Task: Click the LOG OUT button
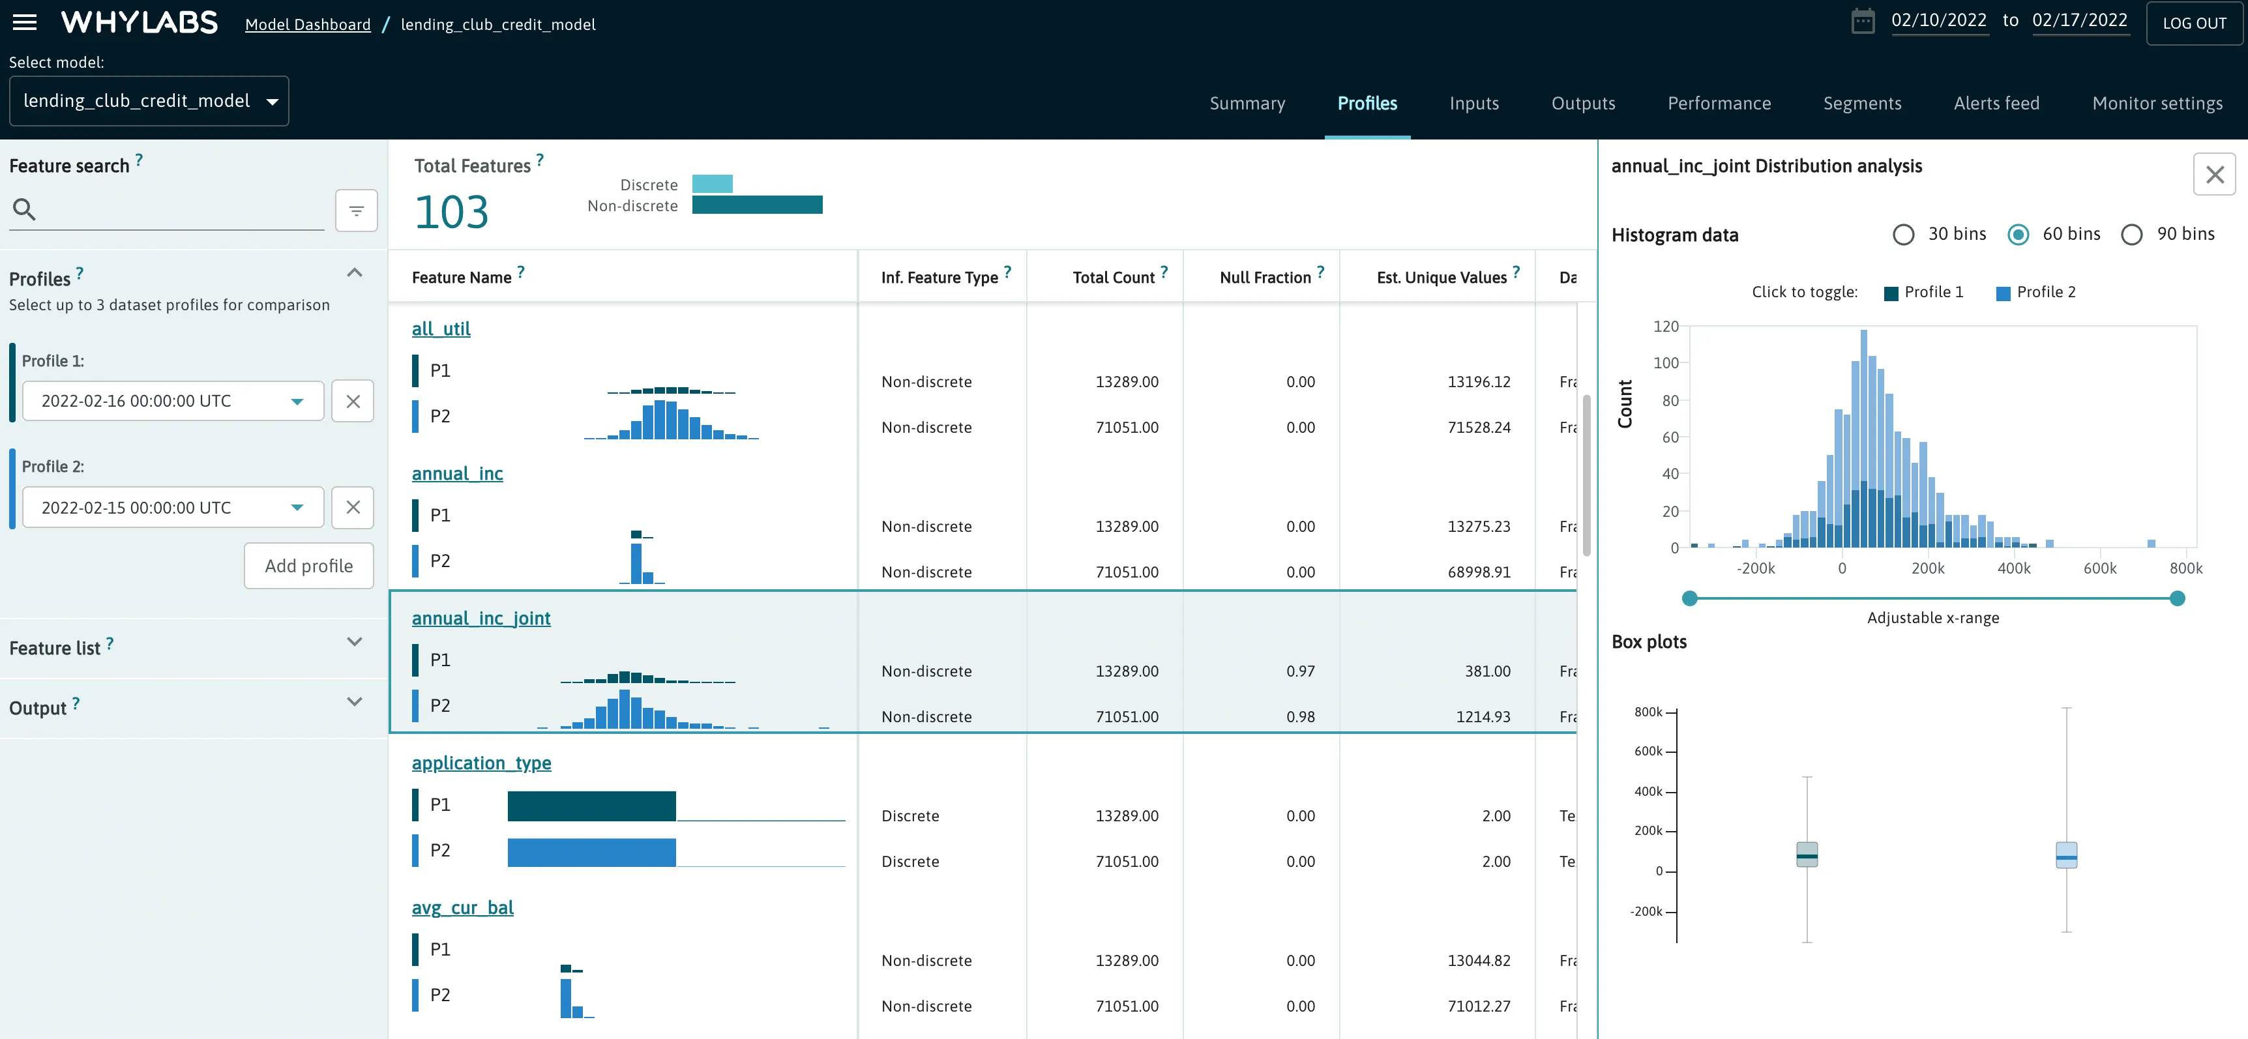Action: point(2194,23)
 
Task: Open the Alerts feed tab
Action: point(1996,103)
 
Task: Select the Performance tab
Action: point(1719,103)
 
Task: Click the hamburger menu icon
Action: point(24,22)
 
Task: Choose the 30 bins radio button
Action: point(1903,235)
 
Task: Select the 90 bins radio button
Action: point(2132,235)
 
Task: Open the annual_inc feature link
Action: point(457,474)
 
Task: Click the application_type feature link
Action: point(481,763)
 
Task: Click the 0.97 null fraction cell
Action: point(1299,671)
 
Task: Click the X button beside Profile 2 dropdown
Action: point(353,508)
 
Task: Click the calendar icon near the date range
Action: point(1862,21)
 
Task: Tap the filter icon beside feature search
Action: point(356,211)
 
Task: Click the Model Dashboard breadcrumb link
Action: point(307,24)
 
